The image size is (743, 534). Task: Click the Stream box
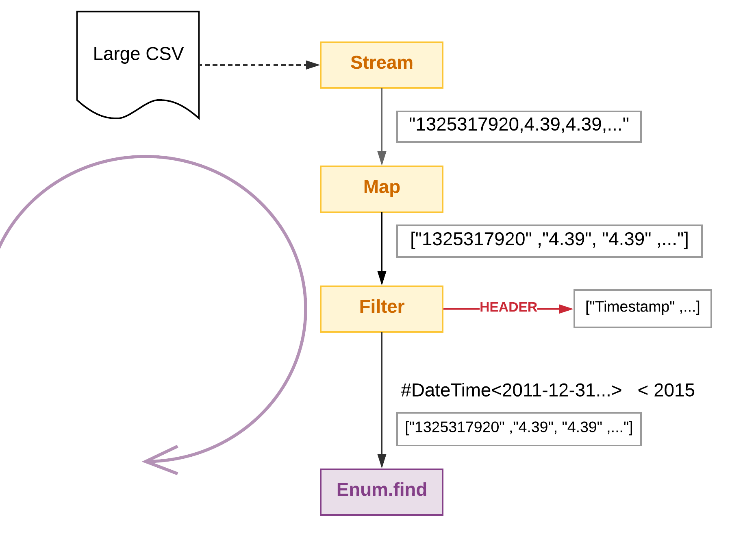(381, 65)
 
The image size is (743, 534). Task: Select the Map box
(381, 189)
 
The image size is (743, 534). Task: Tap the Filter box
(381, 309)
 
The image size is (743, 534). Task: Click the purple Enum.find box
(381, 491)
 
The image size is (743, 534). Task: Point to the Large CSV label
(138, 54)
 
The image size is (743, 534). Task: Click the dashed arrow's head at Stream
(313, 65)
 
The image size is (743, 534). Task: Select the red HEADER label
(508, 307)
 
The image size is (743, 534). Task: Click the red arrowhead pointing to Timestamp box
(566, 309)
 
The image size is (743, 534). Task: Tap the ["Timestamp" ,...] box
(642, 308)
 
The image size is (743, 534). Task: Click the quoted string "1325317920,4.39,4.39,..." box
(519, 126)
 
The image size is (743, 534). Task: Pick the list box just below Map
(549, 241)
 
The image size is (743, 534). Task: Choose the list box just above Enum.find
(519, 429)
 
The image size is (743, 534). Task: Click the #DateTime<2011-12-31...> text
(511, 390)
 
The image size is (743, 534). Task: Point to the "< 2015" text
(666, 390)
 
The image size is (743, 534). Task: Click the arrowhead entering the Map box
(382, 158)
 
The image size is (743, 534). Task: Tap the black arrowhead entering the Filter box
(382, 278)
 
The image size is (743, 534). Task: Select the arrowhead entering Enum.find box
(382, 461)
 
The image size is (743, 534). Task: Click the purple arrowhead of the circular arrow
(154, 461)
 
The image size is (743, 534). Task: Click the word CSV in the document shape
(165, 54)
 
